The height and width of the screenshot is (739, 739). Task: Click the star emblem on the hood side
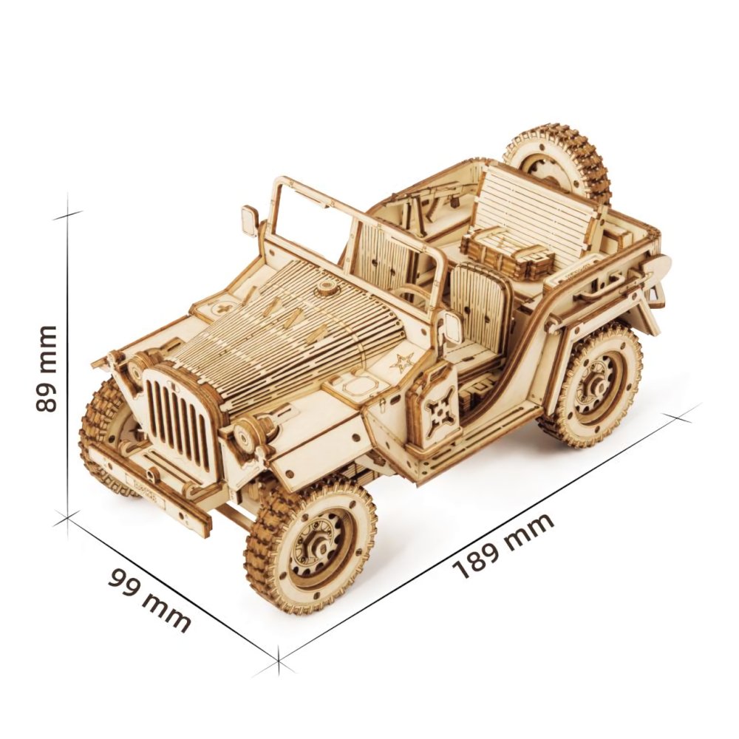403,362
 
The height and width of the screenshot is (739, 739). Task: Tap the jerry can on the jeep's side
433,407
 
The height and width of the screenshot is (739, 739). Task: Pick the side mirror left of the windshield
250,220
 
